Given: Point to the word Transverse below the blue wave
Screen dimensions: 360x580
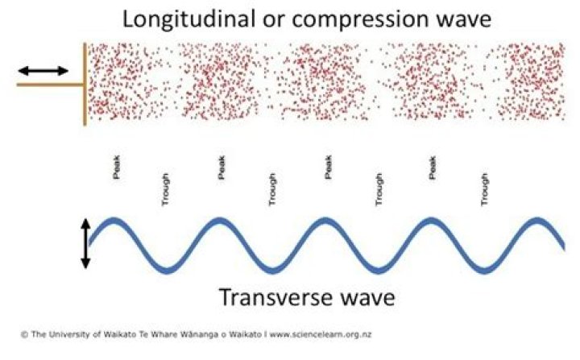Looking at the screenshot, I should [x=279, y=298].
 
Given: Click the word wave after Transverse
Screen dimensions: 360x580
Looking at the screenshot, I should [x=367, y=298].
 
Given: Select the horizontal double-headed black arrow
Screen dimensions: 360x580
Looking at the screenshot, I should [x=43, y=71].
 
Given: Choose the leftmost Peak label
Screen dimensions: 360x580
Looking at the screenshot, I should [x=116, y=171].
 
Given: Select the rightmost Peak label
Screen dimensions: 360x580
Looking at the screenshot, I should [x=433, y=171].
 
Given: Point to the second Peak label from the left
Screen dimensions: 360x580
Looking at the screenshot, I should [x=221, y=171].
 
